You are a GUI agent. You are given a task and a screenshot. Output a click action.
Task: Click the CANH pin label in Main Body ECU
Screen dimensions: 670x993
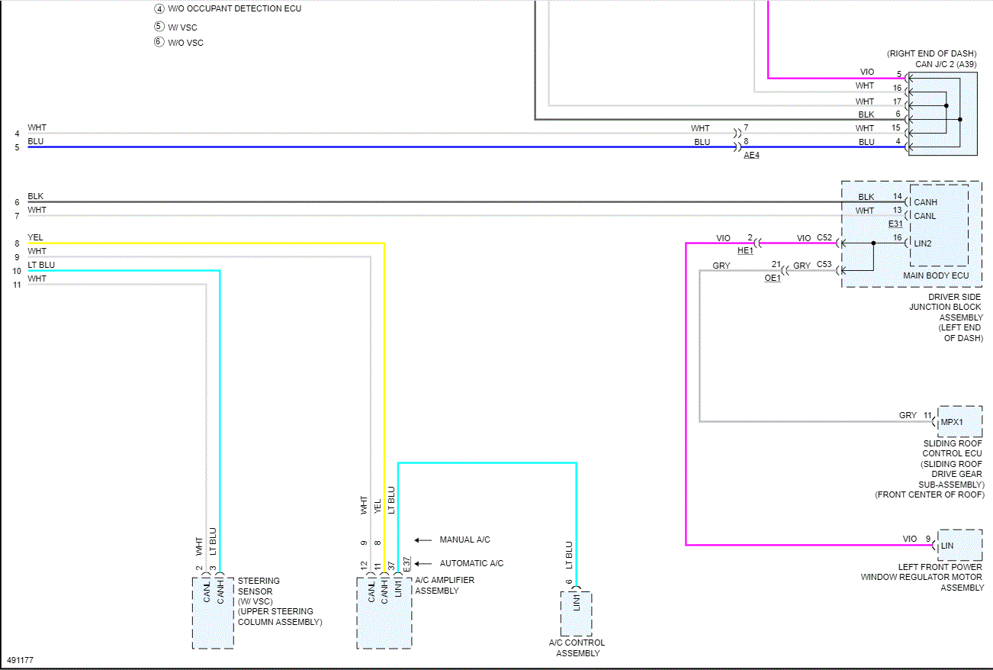pyautogui.click(x=925, y=202)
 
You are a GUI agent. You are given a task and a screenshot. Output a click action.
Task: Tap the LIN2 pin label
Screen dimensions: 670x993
pyautogui.click(x=923, y=243)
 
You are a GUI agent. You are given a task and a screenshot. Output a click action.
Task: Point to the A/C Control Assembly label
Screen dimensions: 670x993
pyautogui.click(x=577, y=648)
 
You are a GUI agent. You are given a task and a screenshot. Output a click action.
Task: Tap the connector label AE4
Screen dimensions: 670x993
pyautogui.click(x=751, y=155)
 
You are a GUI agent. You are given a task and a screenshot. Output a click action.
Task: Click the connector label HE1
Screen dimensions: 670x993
pyautogui.click(x=745, y=250)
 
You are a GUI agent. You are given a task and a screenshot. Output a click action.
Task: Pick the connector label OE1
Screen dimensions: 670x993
pyautogui.click(x=773, y=279)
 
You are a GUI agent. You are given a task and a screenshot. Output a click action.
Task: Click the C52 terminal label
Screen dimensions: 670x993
pyautogui.click(x=824, y=238)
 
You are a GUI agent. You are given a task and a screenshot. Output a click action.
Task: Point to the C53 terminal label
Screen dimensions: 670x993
pyautogui.click(x=824, y=266)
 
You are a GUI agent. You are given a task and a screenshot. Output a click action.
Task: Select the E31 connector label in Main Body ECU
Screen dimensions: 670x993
pyautogui.click(x=895, y=224)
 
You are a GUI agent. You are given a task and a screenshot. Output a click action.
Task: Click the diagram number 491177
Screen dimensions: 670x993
pyautogui.click(x=20, y=660)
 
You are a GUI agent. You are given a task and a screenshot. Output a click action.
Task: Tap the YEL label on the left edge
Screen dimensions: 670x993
pyautogui.click(x=35, y=237)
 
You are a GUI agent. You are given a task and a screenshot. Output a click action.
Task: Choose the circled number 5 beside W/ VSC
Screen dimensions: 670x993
pyautogui.click(x=159, y=27)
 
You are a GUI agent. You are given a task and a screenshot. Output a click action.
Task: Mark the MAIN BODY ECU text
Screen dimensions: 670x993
pyautogui.click(x=935, y=275)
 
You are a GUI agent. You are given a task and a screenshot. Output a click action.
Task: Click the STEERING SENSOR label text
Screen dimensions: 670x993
pyautogui.click(x=259, y=586)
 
